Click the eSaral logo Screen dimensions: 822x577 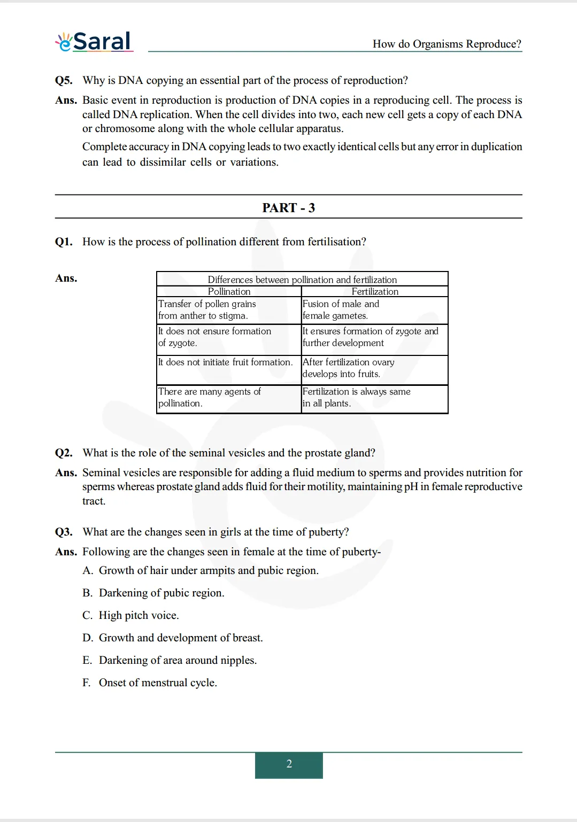coord(94,42)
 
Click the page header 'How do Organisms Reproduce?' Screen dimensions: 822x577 coord(447,44)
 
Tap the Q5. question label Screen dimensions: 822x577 coord(64,80)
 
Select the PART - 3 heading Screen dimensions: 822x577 coord(288,207)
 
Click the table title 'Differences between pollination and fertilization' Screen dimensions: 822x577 coord(302,280)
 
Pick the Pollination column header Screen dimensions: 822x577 coord(229,291)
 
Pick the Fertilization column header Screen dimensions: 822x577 coord(374,291)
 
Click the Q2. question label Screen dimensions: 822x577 coord(64,453)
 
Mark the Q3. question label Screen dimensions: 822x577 coord(64,532)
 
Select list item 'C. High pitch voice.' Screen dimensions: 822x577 coord(130,615)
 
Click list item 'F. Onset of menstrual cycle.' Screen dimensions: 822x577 coord(150,683)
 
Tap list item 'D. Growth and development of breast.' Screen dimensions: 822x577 coord(173,638)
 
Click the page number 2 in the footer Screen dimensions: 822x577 coord(289,764)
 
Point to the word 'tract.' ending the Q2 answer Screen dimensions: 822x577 coord(94,501)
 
